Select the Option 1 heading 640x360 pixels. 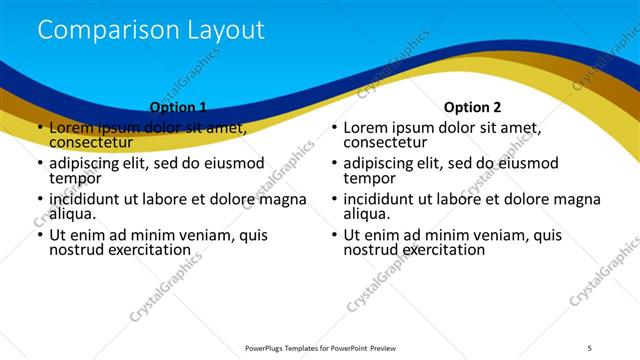click(178, 107)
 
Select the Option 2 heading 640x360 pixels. click(473, 107)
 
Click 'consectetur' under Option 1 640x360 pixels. click(91, 142)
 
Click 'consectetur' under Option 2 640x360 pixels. click(386, 142)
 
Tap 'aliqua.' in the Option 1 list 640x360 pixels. click(73, 214)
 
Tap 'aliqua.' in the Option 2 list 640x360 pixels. click(368, 214)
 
